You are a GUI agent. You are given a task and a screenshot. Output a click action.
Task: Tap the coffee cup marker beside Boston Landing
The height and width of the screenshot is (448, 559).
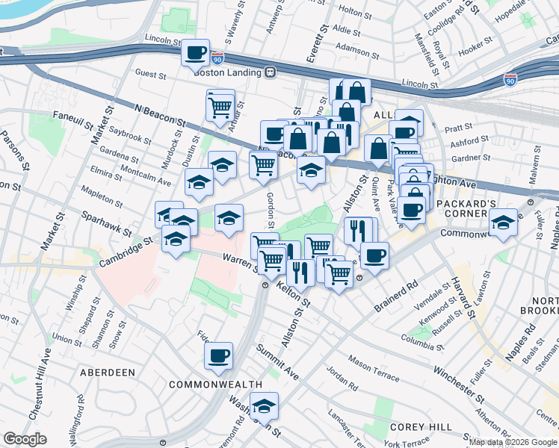(196, 53)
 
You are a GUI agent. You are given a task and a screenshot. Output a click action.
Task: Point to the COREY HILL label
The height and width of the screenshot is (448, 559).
(419, 426)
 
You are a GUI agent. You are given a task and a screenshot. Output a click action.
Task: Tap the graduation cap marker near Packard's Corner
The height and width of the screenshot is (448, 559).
(504, 223)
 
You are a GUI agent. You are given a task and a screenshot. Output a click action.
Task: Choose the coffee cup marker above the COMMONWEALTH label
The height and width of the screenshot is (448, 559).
(218, 356)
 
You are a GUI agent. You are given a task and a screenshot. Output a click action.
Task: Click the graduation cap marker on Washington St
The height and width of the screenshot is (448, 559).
(263, 406)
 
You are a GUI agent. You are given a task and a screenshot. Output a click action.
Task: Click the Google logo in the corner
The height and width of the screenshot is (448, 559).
(25, 439)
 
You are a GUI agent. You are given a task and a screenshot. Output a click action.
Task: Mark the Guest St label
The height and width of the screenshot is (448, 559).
(150, 74)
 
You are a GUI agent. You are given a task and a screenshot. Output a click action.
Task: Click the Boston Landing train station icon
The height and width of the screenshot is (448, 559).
(269, 72)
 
